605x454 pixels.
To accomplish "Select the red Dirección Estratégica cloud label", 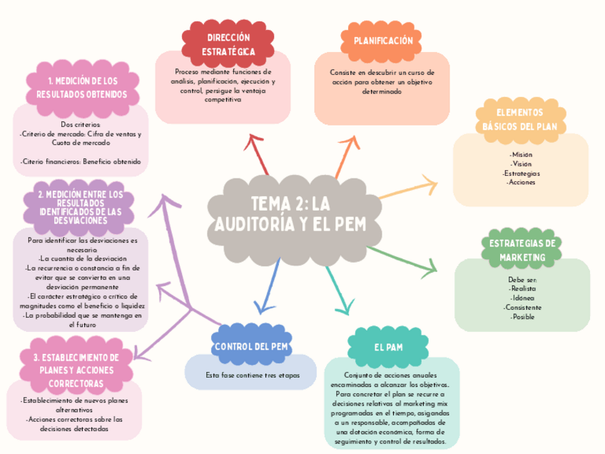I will point(228,44).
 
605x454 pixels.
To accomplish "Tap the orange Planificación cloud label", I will point(383,41).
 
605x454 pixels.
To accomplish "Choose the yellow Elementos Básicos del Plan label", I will point(519,119).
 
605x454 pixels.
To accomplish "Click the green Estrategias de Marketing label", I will point(522,250).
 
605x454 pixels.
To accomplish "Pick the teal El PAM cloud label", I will point(388,347).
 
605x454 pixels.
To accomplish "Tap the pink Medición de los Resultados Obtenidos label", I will point(82,87).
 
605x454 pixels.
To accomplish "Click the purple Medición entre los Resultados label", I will point(80,207).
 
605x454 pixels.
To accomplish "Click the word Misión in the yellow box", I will point(521,154).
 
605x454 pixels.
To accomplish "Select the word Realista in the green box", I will point(522,288).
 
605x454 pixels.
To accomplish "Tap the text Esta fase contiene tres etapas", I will point(253,375).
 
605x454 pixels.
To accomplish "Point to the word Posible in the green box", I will point(522,317).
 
